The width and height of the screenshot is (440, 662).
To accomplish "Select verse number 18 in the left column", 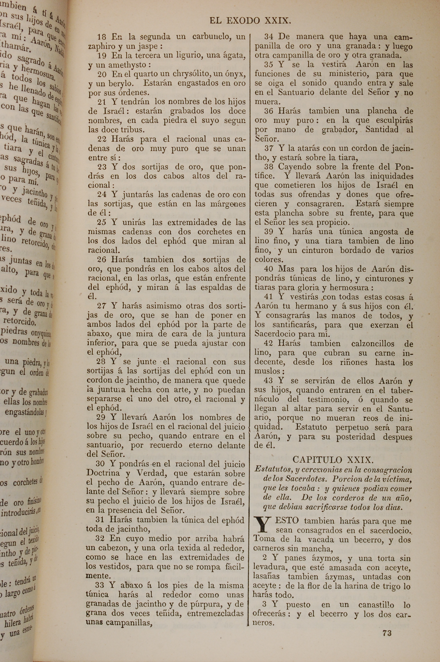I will pyautogui.click(x=102, y=37).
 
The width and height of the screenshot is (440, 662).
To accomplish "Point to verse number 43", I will pyautogui.click(x=269, y=381).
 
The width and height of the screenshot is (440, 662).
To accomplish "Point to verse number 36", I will pyautogui.click(x=269, y=111).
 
